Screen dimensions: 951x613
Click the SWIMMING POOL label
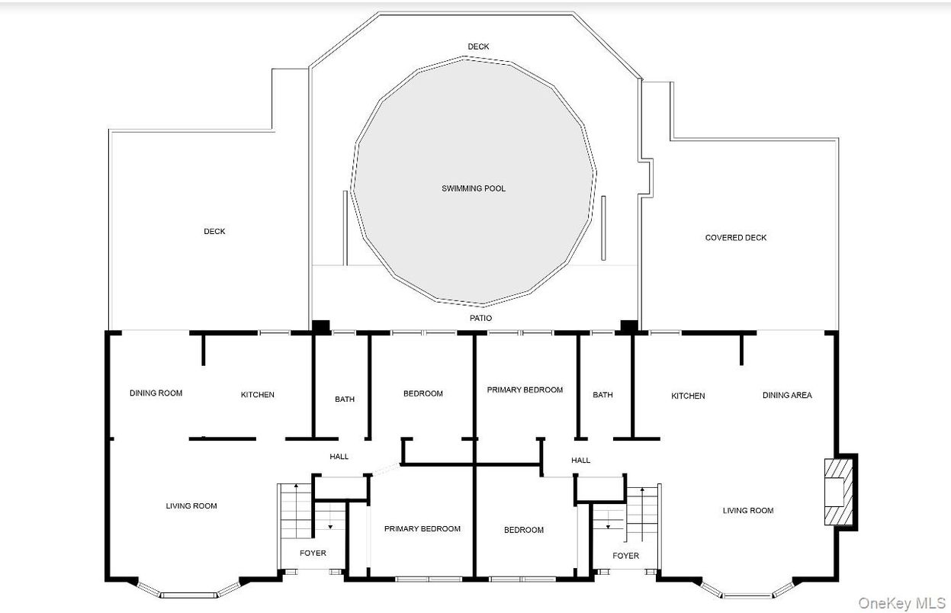tap(474, 188)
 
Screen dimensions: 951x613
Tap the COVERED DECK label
tap(736, 238)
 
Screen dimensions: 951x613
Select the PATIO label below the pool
tap(480, 318)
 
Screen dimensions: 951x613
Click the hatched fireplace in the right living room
tap(838, 492)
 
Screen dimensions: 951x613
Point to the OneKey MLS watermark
tap(901, 603)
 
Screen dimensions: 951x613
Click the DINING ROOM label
tap(156, 393)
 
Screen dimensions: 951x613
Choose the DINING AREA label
tap(787, 395)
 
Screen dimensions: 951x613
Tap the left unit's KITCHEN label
tap(257, 395)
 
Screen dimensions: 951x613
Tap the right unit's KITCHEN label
tap(688, 396)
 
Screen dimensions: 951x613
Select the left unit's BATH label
tap(344, 399)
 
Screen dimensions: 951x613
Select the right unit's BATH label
tap(602, 395)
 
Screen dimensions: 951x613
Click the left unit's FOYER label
tap(313, 553)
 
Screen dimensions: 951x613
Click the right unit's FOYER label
tap(625, 556)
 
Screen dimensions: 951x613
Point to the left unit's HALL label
tap(339, 457)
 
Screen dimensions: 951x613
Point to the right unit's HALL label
tap(580, 461)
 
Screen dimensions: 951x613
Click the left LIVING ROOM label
tap(191, 506)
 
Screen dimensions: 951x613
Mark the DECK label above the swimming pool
tap(478, 47)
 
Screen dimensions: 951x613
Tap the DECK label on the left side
tap(214, 231)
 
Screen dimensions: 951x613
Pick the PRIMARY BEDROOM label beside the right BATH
tap(525, 390)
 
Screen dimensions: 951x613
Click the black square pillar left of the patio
tap(321, 327)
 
